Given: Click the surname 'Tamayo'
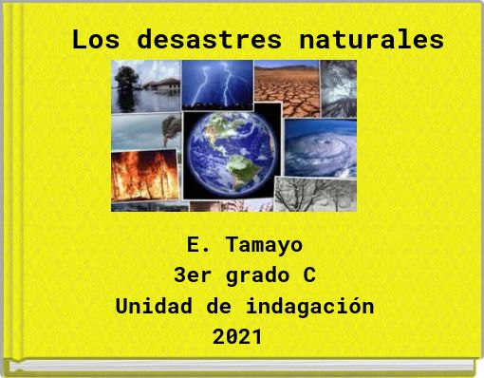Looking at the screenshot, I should tap(265, 245).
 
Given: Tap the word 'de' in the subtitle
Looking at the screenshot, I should tap(216, 308).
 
